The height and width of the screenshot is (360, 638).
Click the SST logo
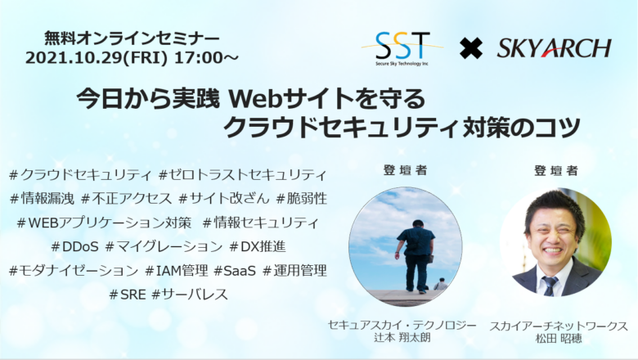coord(402,49)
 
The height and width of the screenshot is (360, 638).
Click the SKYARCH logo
coord(555,48)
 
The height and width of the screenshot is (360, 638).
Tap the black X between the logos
coord(471,48)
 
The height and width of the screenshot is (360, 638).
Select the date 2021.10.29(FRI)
coord(97,58)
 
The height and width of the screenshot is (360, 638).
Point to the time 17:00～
coord(206,58)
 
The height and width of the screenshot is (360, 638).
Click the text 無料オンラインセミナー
coord(132,38)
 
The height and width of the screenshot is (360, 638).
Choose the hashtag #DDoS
coord(75,246)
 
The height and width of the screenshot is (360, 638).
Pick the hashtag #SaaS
coord(235,271)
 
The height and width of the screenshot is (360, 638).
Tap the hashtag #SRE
coord(128,295)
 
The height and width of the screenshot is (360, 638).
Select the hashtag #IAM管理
coord(177,271)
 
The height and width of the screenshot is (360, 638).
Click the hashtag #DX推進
coord(258,246)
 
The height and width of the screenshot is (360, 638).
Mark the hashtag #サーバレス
coord(190,295)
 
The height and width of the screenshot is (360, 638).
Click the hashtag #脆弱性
coord(302,199)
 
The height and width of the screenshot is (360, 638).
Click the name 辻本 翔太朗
coord(402,338)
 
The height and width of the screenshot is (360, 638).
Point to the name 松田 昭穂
coord(558,339)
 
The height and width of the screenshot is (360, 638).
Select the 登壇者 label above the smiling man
coord(556,171)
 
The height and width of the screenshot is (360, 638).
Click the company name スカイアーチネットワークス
coord(559,326)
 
